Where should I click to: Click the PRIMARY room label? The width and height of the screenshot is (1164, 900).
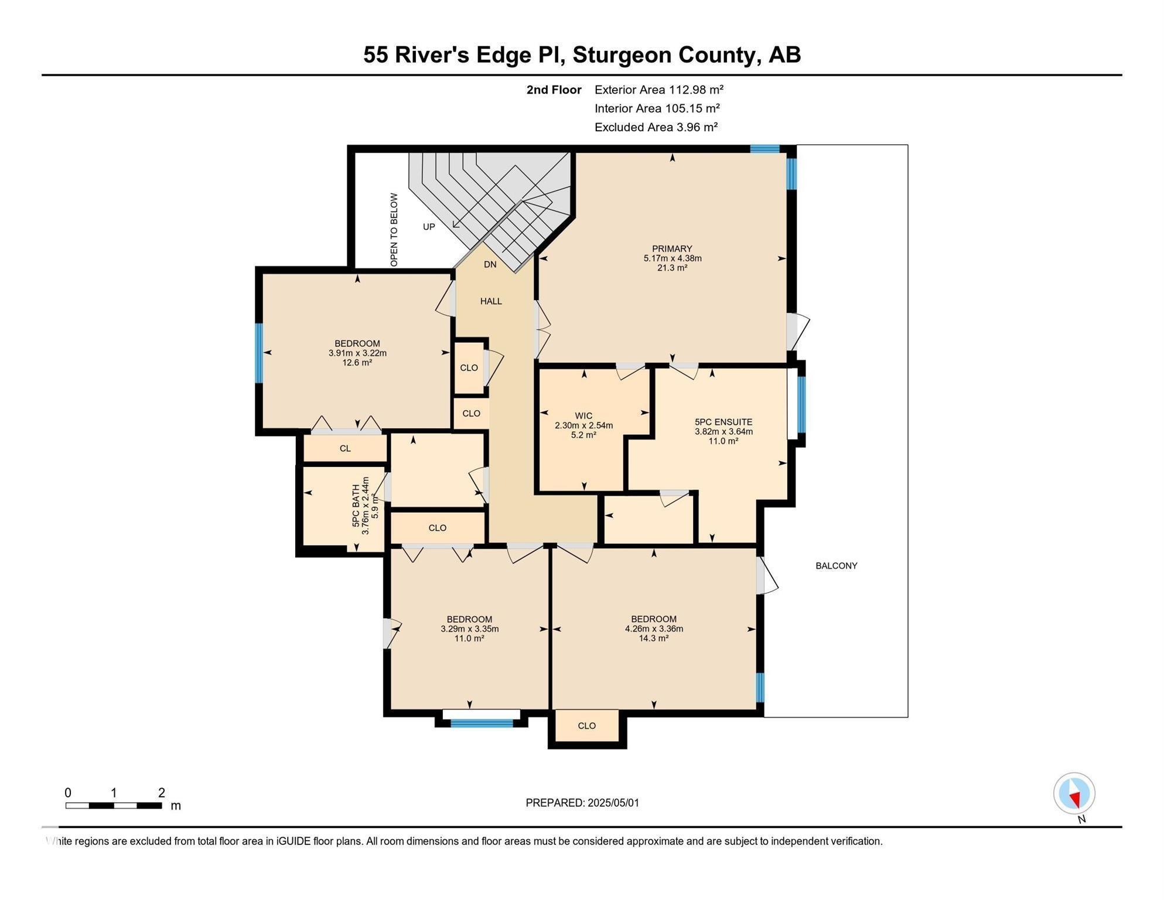pyautogui.click(x=672, y=249)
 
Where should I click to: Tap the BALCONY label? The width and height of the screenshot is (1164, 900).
pyautogui.click(x=836, y=566)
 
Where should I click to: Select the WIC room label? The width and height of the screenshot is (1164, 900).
pyautogui.click(x=583, y=416)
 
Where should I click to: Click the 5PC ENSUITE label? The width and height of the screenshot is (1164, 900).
pyautogui.click(x=723, y=422)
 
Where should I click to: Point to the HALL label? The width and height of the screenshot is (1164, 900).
pyautogui.click(x=491, y=301)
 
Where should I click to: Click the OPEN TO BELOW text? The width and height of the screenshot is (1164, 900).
pyautogui.click(x=394, y=230)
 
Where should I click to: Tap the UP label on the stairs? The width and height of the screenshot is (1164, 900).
pyautogui.click(x=429, y=227)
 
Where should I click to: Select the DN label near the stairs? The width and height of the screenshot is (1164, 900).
pyautogui.click(x=490, y=265)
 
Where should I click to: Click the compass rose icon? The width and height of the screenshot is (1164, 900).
pyautogui.click(x=1074, y=793)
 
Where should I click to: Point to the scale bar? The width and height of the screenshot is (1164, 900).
pyautogui.click(x=114, y=806)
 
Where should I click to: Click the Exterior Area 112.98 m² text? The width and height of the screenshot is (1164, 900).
pyautogui.click(x=658, y=90)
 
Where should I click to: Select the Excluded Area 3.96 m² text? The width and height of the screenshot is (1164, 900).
pyautogui.click(x=656, y=127)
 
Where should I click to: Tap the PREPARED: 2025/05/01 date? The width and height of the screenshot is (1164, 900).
pyautogui.click(x=582, y=803)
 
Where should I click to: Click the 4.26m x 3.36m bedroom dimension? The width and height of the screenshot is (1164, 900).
pyautogui.click(x=654, y=629)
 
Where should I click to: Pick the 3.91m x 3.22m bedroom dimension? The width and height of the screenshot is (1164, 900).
pyautogui.click(x=357, y=353)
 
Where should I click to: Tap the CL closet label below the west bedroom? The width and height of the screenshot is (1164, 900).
pyautogui.click(x=345, y=449)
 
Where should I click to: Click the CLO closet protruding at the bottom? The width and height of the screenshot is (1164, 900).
pyautogui.click(x=586, y=726)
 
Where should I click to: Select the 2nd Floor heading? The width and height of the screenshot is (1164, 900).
pyautogui.click(x=554, y=90)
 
